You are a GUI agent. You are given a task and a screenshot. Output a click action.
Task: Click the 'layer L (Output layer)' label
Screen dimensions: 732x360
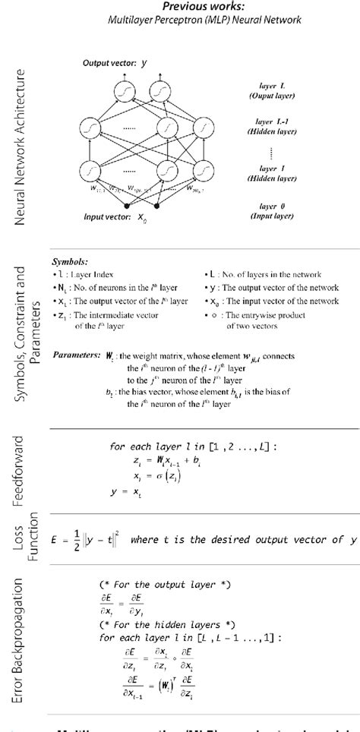tap(276, 95)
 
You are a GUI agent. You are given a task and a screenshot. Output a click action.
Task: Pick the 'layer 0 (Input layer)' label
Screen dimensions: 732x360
tap(276, 211)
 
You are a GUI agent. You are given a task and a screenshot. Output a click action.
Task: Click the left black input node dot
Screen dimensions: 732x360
tap(125, 206)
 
